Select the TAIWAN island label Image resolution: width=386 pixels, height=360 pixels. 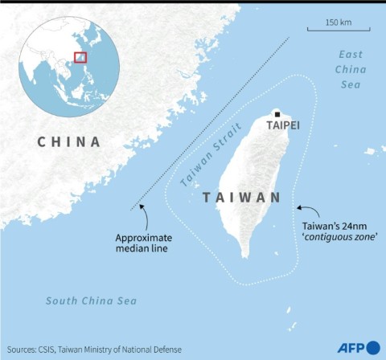(241, 198)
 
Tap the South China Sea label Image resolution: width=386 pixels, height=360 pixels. (90, 301)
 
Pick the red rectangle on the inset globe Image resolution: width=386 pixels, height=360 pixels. (80, 57)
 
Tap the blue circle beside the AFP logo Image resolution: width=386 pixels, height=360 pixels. (373, 348)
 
